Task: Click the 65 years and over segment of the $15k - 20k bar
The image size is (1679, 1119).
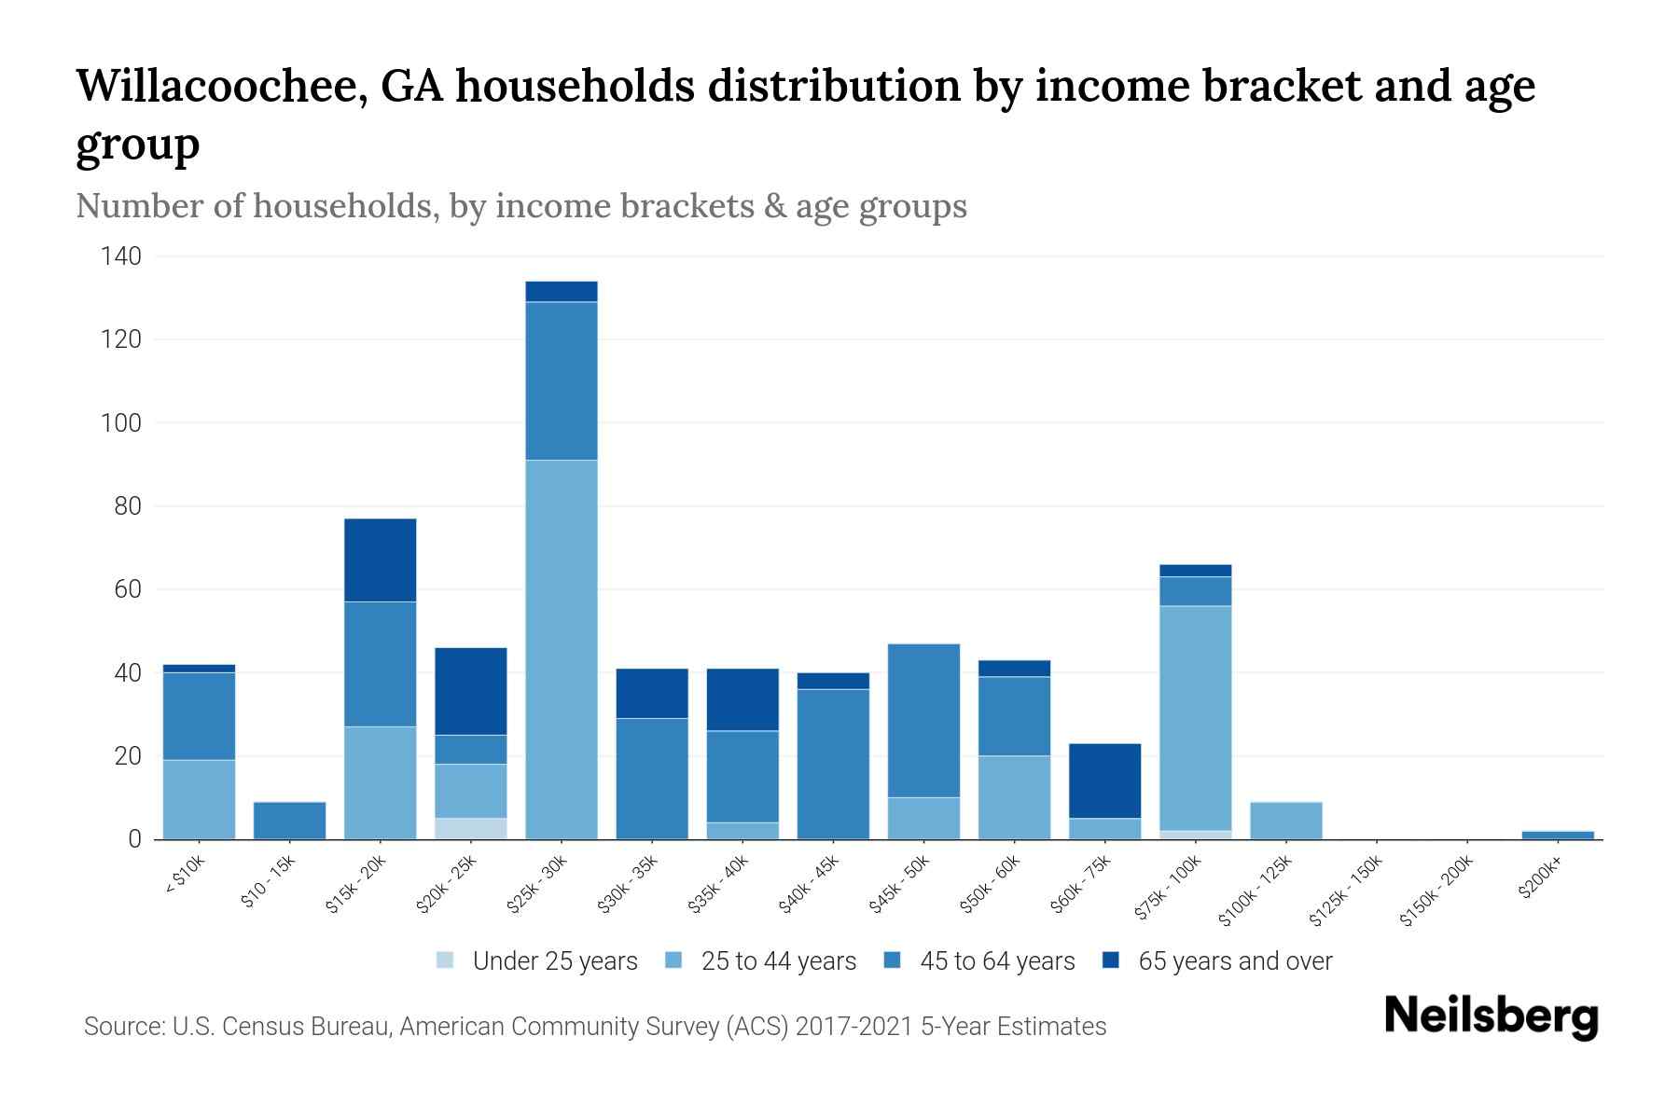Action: tap(380, 559)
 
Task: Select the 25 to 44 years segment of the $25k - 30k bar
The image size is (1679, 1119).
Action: tap(562, 649)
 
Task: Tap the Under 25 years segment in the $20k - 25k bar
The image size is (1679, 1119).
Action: tap(471, 828)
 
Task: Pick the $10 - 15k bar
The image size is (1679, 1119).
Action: tap(289, 821)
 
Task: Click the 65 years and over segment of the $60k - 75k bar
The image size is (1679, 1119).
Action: tap(1104, 781)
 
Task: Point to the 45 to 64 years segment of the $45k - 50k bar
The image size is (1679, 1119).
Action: tap(923, 720)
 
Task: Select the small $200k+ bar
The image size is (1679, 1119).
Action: tap(1558, 835)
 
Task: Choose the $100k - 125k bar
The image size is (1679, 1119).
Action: tap(1285, 821)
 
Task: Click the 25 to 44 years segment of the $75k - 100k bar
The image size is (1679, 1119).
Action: tap(1195, 718)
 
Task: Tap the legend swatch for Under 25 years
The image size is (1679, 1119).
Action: tap(446, 960)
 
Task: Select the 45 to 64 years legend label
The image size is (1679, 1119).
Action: tap(996, 960)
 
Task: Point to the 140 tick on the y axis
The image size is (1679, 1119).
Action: tap(121, 256)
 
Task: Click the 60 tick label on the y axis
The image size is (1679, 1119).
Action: tap(128, 589)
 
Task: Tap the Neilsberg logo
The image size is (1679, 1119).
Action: tap(1491, 1016)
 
